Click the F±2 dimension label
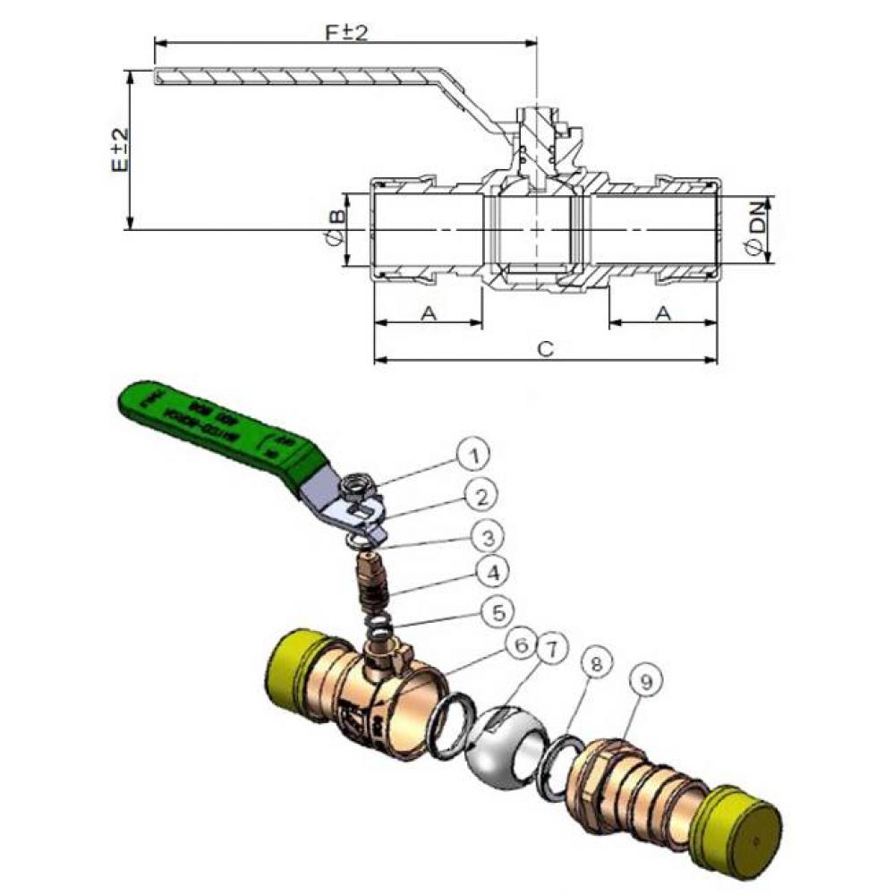pyautogui.click(x=347, y=32)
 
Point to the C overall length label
pyautogui.click(x=544, y=349)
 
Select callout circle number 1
pyautogui.click(x=476, y=456)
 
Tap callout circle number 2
pyautogui.click(x=481, y=495)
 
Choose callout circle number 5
pyautogui.click(x=499, y=612)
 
